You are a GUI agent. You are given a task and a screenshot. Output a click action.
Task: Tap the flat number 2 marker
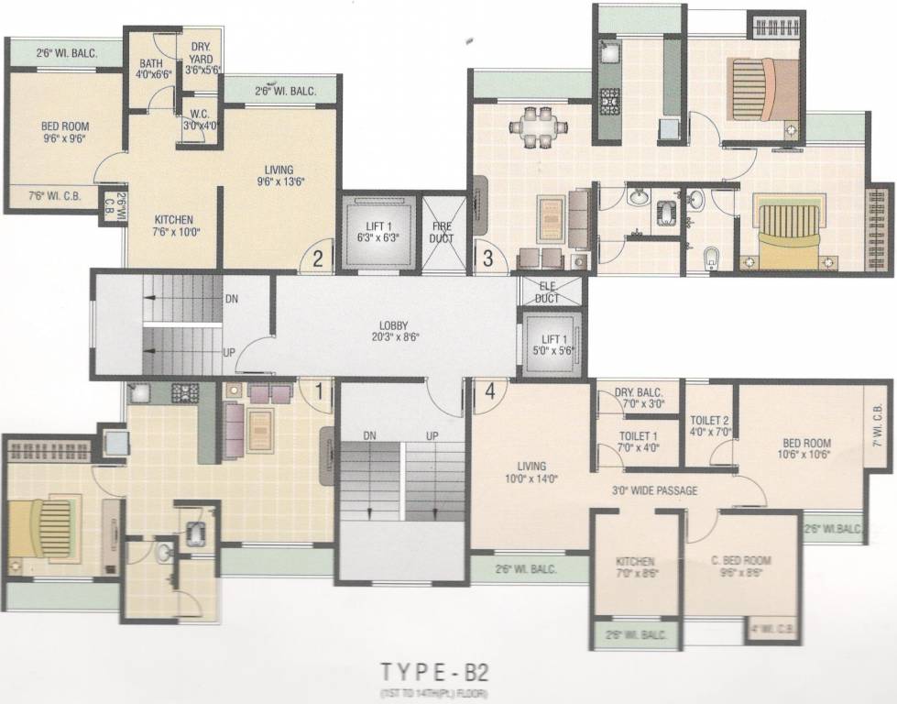tap(317, 258)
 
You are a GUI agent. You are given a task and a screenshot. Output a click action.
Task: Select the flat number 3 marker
tap(487, 258)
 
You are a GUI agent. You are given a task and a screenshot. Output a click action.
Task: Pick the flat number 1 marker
tap(318, 391)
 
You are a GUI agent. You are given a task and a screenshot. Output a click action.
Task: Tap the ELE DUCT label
tap(547, 291)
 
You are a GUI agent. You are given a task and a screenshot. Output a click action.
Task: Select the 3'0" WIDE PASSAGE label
tap(655, 490)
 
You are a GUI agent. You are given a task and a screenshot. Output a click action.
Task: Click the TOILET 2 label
tap(710, 423)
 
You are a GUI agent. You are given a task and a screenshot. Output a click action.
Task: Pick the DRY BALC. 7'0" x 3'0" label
tap(640, 396)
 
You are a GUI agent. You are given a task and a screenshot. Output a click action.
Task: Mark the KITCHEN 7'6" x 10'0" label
tap(173, 226)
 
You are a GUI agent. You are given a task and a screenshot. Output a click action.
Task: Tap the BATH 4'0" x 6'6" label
tap(151, 70)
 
